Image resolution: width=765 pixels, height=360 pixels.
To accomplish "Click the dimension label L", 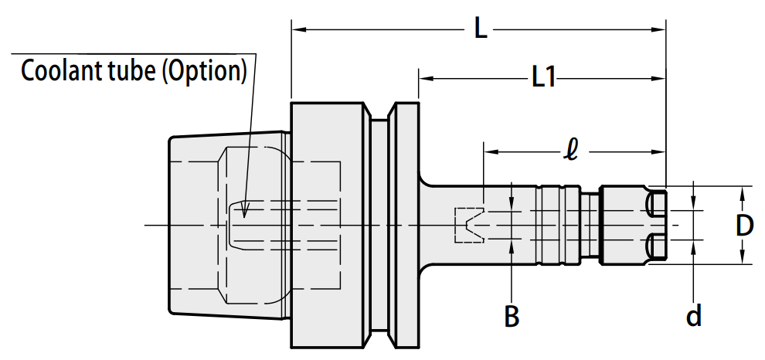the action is pyautogui.click(x=481, y=30).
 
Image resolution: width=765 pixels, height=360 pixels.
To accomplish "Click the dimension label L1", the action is pyautogui.click(x=543, y=77).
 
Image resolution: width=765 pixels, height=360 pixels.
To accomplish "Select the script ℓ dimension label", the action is pyautogui.click(x=570, y=152).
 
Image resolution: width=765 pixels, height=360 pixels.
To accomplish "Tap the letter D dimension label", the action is pyautogui.click(x=744, y=226).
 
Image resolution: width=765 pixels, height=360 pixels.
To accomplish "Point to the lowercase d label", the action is pyautogui.click(x=694, y=316).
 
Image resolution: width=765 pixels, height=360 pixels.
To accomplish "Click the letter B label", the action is pyautogui.click(x=512, y=316).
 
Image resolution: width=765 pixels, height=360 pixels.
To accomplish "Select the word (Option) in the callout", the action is pyautogui.click(x=204, y=72).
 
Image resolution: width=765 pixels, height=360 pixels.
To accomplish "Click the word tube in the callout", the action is pyautogui.click(x=131, y=71).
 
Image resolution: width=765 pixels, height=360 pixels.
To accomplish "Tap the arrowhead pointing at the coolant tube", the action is pyautogui.click(x=245, y=211).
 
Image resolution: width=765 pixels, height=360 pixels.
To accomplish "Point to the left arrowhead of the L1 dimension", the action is pyautogui.click(x=427, y=77).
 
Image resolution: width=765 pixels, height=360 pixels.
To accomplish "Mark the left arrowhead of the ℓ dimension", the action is pyautogui.click(x=491, y=151).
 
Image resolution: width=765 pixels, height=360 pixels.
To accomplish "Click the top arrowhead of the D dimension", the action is pyautogui.click(x=742, y=194).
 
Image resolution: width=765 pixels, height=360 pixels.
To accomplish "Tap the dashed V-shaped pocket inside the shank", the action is pyautogui.click(x=469, y=226).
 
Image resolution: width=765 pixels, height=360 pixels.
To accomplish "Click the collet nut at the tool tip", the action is pyautogui.click(x=633, y=226).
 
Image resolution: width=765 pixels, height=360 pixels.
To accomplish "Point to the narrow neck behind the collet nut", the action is pyautogui.click(x=590, y=226).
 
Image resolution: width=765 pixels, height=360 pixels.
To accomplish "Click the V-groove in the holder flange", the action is pyautogui.click(x=379, y=226).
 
